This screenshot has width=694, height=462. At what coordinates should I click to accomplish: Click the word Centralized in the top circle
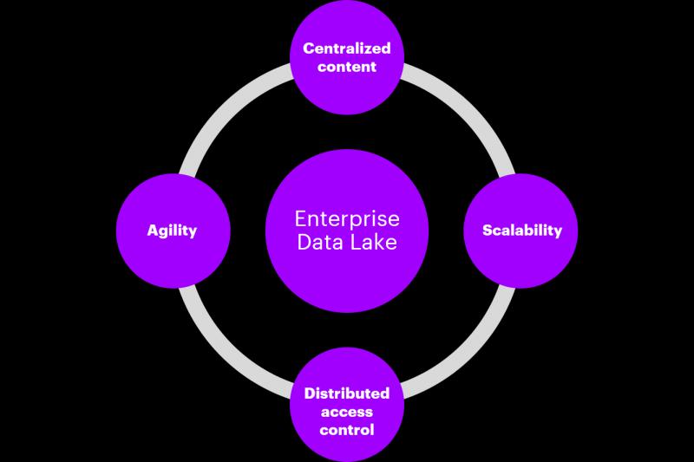[x=346, y=49]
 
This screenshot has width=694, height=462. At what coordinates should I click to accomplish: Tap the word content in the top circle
[x=346, y=67]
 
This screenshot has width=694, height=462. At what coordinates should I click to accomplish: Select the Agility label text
[x=172, y=231]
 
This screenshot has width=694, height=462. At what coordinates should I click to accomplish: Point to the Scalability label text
[x=522, y=231]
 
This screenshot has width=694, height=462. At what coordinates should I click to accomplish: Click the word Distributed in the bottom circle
[x=346, y=393]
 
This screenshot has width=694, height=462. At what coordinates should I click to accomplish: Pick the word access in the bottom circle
[x=346, y=412]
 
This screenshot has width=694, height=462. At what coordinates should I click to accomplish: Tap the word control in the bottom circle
[x=346, y=430]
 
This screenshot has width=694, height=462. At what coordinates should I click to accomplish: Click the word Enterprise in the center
[x=347, y=218]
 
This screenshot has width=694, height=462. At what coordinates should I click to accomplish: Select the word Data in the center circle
[x=319, y=243]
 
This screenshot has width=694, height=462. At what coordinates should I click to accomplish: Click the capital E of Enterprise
[x=301, y=218]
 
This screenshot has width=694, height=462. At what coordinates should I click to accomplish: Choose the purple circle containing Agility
[x=173, y=231]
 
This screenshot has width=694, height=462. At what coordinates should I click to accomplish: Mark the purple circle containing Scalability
[x=520, y=231]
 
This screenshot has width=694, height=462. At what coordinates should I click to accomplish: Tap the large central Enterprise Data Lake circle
[x=347, y=231]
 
